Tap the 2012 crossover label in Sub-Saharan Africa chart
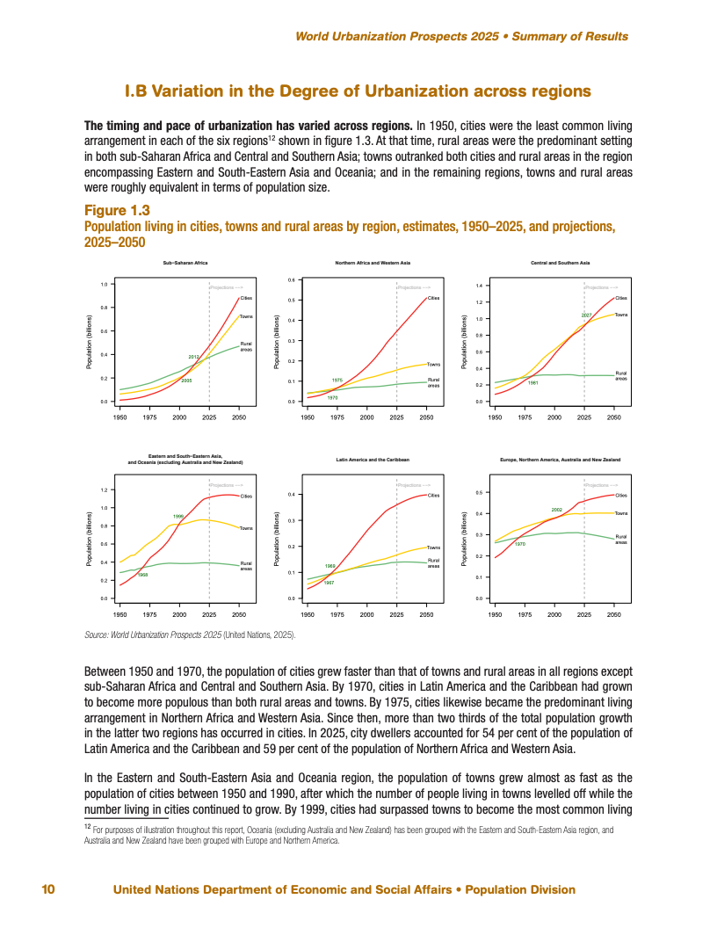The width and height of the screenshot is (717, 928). point(193,356)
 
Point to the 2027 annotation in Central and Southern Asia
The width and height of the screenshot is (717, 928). point(586,315)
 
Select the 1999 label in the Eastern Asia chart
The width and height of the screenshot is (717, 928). point(178,516)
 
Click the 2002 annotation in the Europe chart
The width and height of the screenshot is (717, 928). point(556,510)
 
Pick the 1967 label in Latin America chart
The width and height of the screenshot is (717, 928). point(330,583)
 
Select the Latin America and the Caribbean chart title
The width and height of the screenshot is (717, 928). point(373,460)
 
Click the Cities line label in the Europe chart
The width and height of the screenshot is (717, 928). point(620,496)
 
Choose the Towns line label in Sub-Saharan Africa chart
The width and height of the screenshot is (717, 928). point(246,315)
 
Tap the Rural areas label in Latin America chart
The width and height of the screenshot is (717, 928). point(433,562)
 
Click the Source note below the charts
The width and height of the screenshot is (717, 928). point(190,634)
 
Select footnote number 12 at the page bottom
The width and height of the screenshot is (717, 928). point(88,826)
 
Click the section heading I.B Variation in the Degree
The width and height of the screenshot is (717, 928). point(358,91)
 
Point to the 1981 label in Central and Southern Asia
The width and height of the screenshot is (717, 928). point(532,383)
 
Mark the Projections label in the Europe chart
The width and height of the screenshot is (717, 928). point(600,484)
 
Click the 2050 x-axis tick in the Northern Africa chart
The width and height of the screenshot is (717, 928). point(426,418)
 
